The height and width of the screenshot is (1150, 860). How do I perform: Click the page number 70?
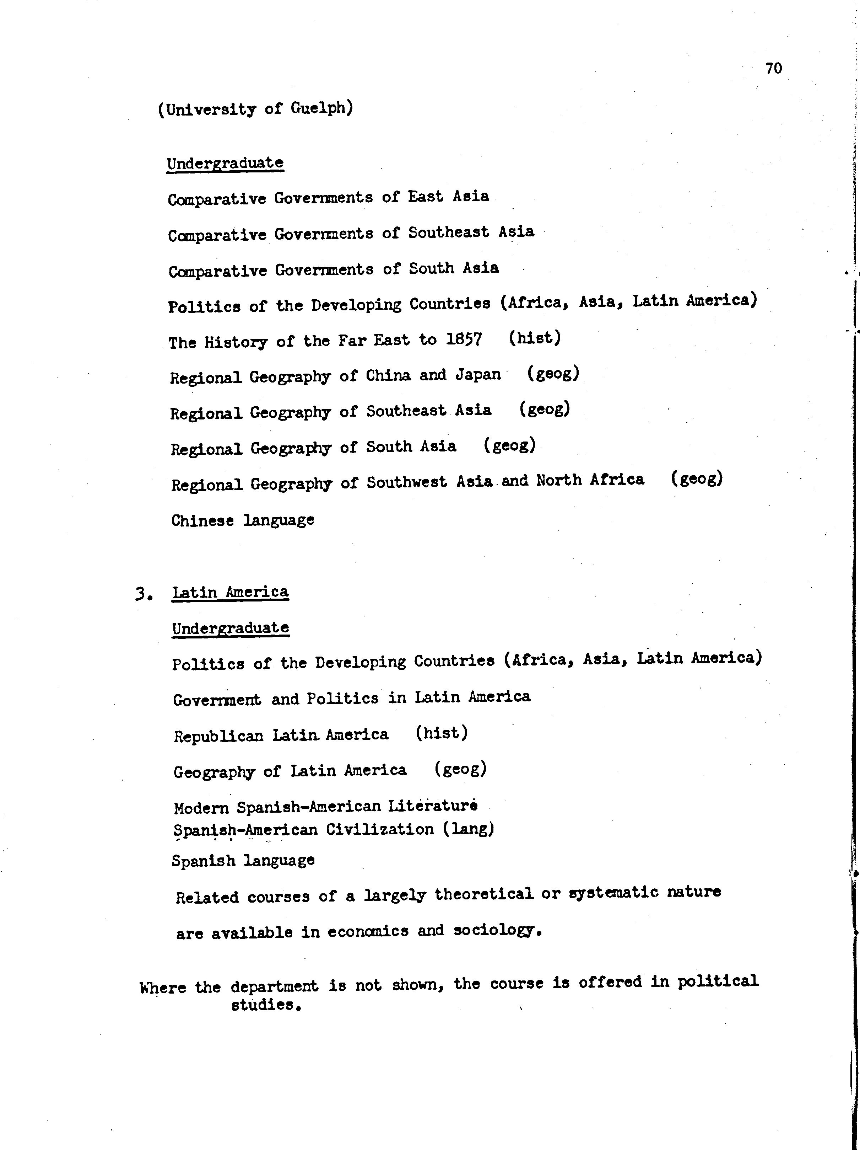pos(773,69)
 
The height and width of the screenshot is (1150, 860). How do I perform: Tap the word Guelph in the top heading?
pos(321,108)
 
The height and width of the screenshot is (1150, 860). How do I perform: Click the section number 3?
pos(143,594)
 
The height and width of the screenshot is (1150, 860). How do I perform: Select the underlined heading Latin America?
pos(230,593)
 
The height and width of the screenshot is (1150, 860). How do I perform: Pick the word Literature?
pos(432,806)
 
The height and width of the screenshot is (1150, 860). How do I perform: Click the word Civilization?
pos(380,829)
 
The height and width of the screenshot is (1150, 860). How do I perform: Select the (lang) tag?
pos(468,829)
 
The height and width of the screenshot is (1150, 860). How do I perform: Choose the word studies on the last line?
pos(266,1005)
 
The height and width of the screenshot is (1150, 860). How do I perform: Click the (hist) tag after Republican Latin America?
pos(441,733)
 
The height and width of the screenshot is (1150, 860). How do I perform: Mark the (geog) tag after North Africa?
pos(696,478)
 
